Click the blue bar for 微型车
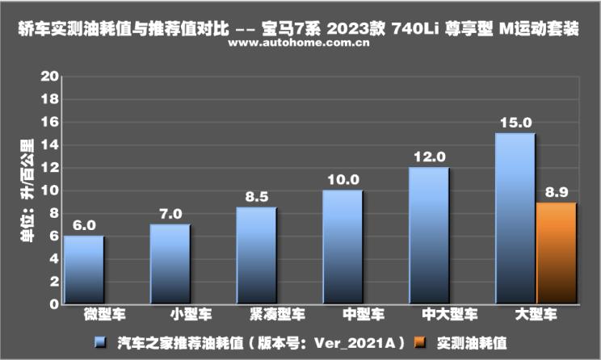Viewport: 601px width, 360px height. coord(84,270)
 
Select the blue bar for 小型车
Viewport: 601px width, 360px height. coord(170,264)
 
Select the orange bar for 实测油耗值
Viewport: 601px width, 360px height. coord(556,253)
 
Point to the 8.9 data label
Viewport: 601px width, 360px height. coord(556,193)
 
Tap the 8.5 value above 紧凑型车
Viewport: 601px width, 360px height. coord(256,197)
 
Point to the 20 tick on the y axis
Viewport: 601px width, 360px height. coord(51,77)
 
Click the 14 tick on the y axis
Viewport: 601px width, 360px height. coord(51,145)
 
